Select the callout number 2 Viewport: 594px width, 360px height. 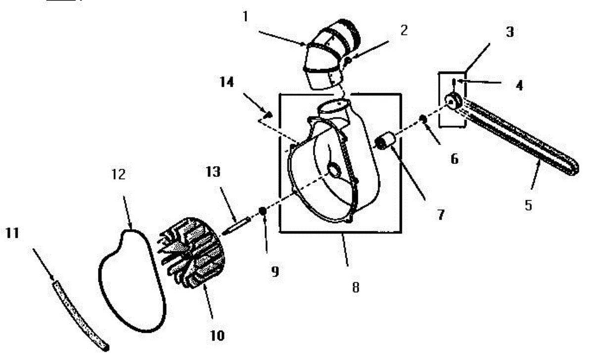tap(404, 31)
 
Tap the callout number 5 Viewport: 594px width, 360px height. tap(528, 205)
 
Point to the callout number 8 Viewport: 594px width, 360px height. tap(355, 287)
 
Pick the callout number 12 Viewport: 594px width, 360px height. tap(119, 174)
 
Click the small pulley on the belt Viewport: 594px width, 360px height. tap(453, 102)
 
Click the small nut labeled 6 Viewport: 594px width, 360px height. tap(423, 119)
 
